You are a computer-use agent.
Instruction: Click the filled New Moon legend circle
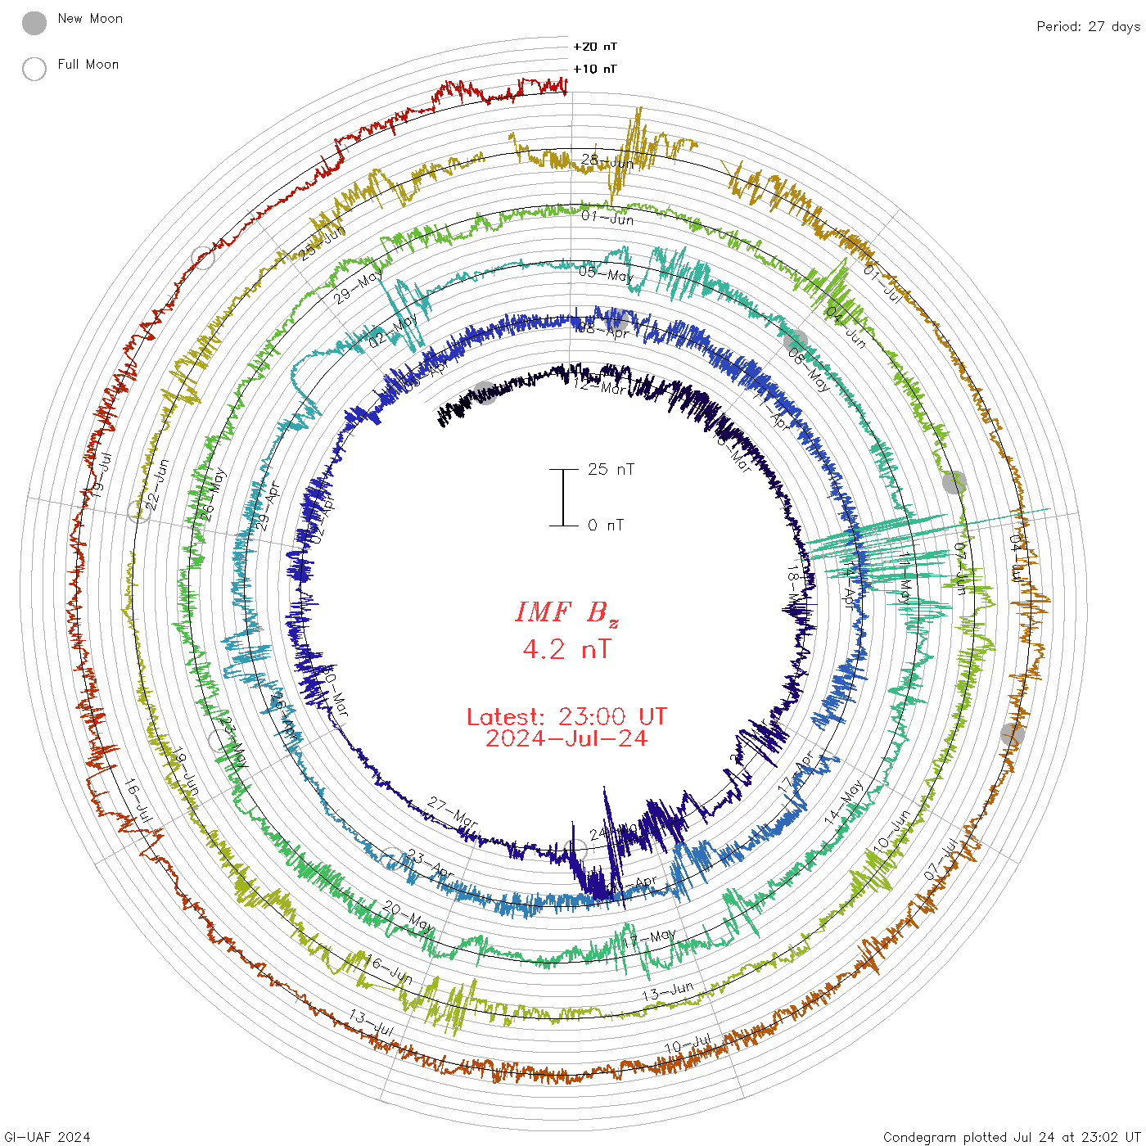34,24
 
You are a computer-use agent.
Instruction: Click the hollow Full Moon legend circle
34,69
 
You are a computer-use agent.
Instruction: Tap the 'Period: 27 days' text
1088,27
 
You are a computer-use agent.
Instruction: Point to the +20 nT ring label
595,47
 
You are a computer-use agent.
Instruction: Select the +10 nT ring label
595,69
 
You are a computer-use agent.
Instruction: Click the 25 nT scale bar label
611,469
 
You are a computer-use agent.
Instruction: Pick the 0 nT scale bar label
606,526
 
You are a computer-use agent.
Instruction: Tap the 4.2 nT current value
566,650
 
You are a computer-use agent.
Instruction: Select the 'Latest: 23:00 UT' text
566,717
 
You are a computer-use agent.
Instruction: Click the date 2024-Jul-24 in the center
566,738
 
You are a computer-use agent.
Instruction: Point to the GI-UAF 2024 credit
47,1137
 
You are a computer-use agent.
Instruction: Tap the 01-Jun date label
607,219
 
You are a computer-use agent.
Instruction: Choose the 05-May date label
606,274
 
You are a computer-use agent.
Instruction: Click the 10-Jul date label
688,1045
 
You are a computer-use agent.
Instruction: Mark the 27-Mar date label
453,813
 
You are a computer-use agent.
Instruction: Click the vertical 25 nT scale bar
563,497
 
